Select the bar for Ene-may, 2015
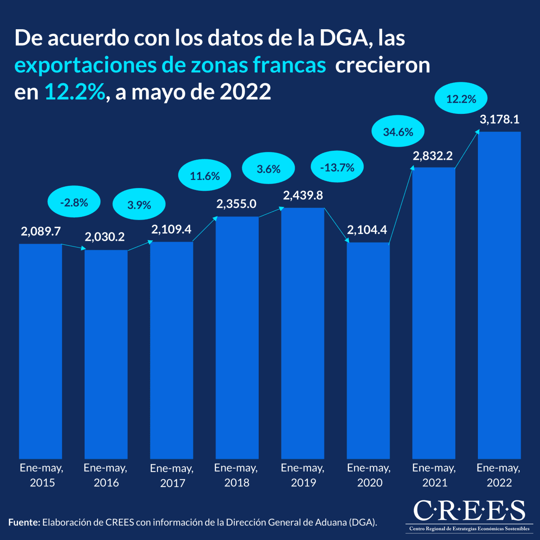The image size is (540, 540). pos(40,351)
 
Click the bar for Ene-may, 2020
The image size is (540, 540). pos(368,351)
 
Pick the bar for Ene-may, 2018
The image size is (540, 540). pos(237,337)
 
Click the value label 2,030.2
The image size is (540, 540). pos(105,237)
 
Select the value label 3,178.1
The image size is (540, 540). pos(499,119)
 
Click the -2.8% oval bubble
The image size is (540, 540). pos(74,202)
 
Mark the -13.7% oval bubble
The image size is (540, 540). pos(337,168)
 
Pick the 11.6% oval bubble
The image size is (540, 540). pos(205,175)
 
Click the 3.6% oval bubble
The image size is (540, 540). pos(269,169)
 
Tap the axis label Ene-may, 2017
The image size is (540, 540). pos(172,476)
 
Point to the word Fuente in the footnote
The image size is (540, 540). pos(23,522)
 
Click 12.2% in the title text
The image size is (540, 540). pos(75,92)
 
